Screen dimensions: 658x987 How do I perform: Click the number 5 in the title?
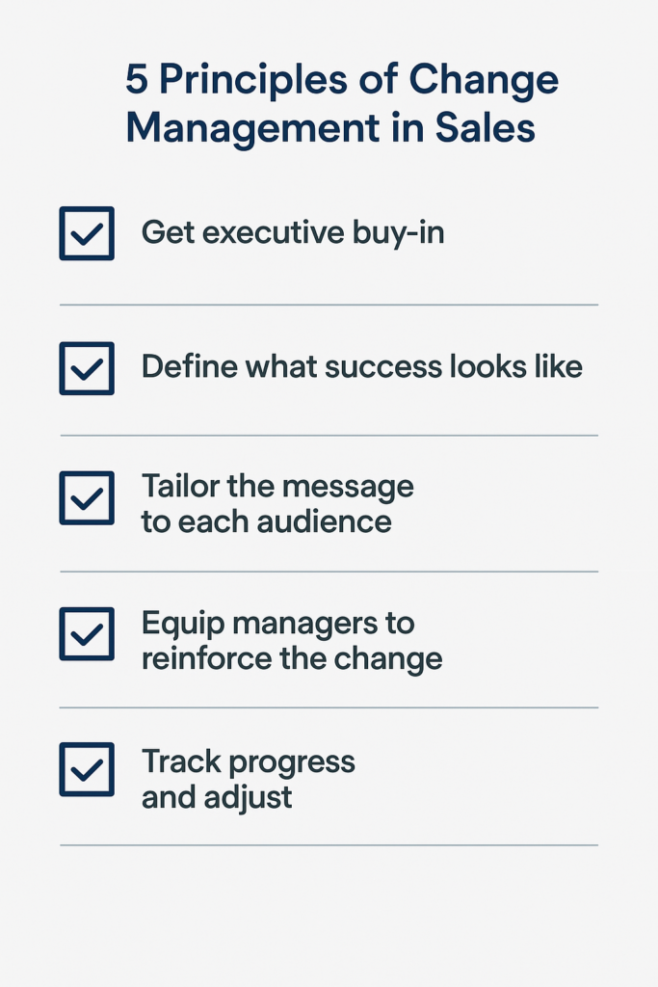pyautogui.click(x=137, y=80)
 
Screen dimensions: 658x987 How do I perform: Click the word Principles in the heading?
pyautogui.click(x=252, y=82)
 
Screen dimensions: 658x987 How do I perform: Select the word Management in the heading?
pyautogui.click(x=252, y=130)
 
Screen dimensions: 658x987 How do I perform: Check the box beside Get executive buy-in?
pyautogui.click(x=87, y=233)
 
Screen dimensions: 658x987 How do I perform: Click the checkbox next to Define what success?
pyautogui.click(x=87, y=368)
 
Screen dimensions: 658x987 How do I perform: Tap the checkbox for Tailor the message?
pyautogui.click(x=87, y=498)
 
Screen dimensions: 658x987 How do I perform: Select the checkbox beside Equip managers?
pyautogui.click(x=87, y=634)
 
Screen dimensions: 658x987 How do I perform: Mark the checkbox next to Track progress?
pyautogui.click(x=87, y=769)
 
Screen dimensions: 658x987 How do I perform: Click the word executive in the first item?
pyautogui.click(x=274, y=232)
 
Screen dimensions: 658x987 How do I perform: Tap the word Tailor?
pyautogui.click(x=180, y=487)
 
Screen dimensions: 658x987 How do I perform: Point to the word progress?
pyautogui.click(x=292, y=763)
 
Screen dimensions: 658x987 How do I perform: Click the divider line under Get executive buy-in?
pyautogui.click(x=329, y=305)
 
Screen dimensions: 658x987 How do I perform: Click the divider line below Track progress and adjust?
pyautogui.click(x=329, y=844)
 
